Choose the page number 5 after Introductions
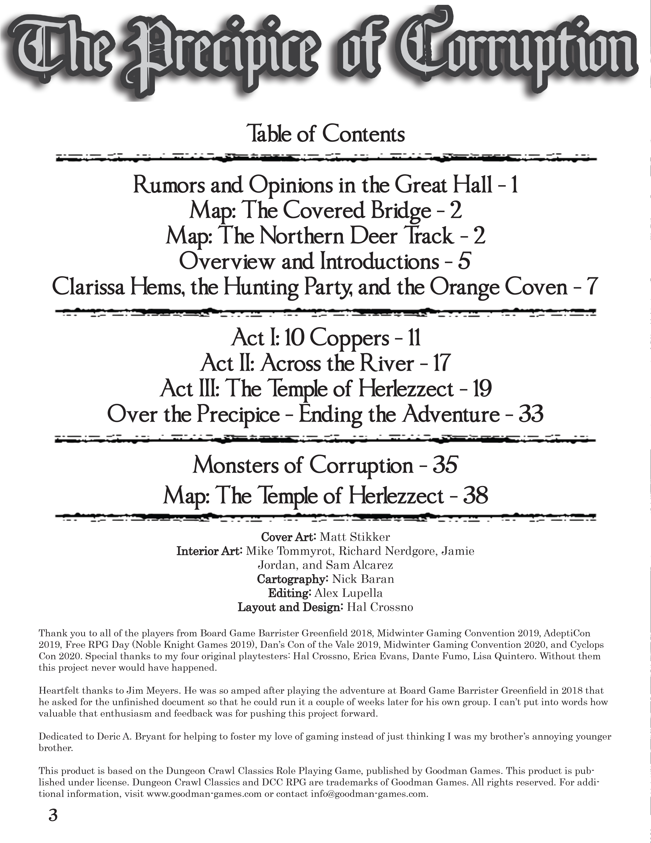(x=464, y=262)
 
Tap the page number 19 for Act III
(x=481, y=389)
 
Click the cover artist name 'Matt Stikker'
(x=355, y=537)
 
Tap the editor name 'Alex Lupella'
(x=354, y=593)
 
